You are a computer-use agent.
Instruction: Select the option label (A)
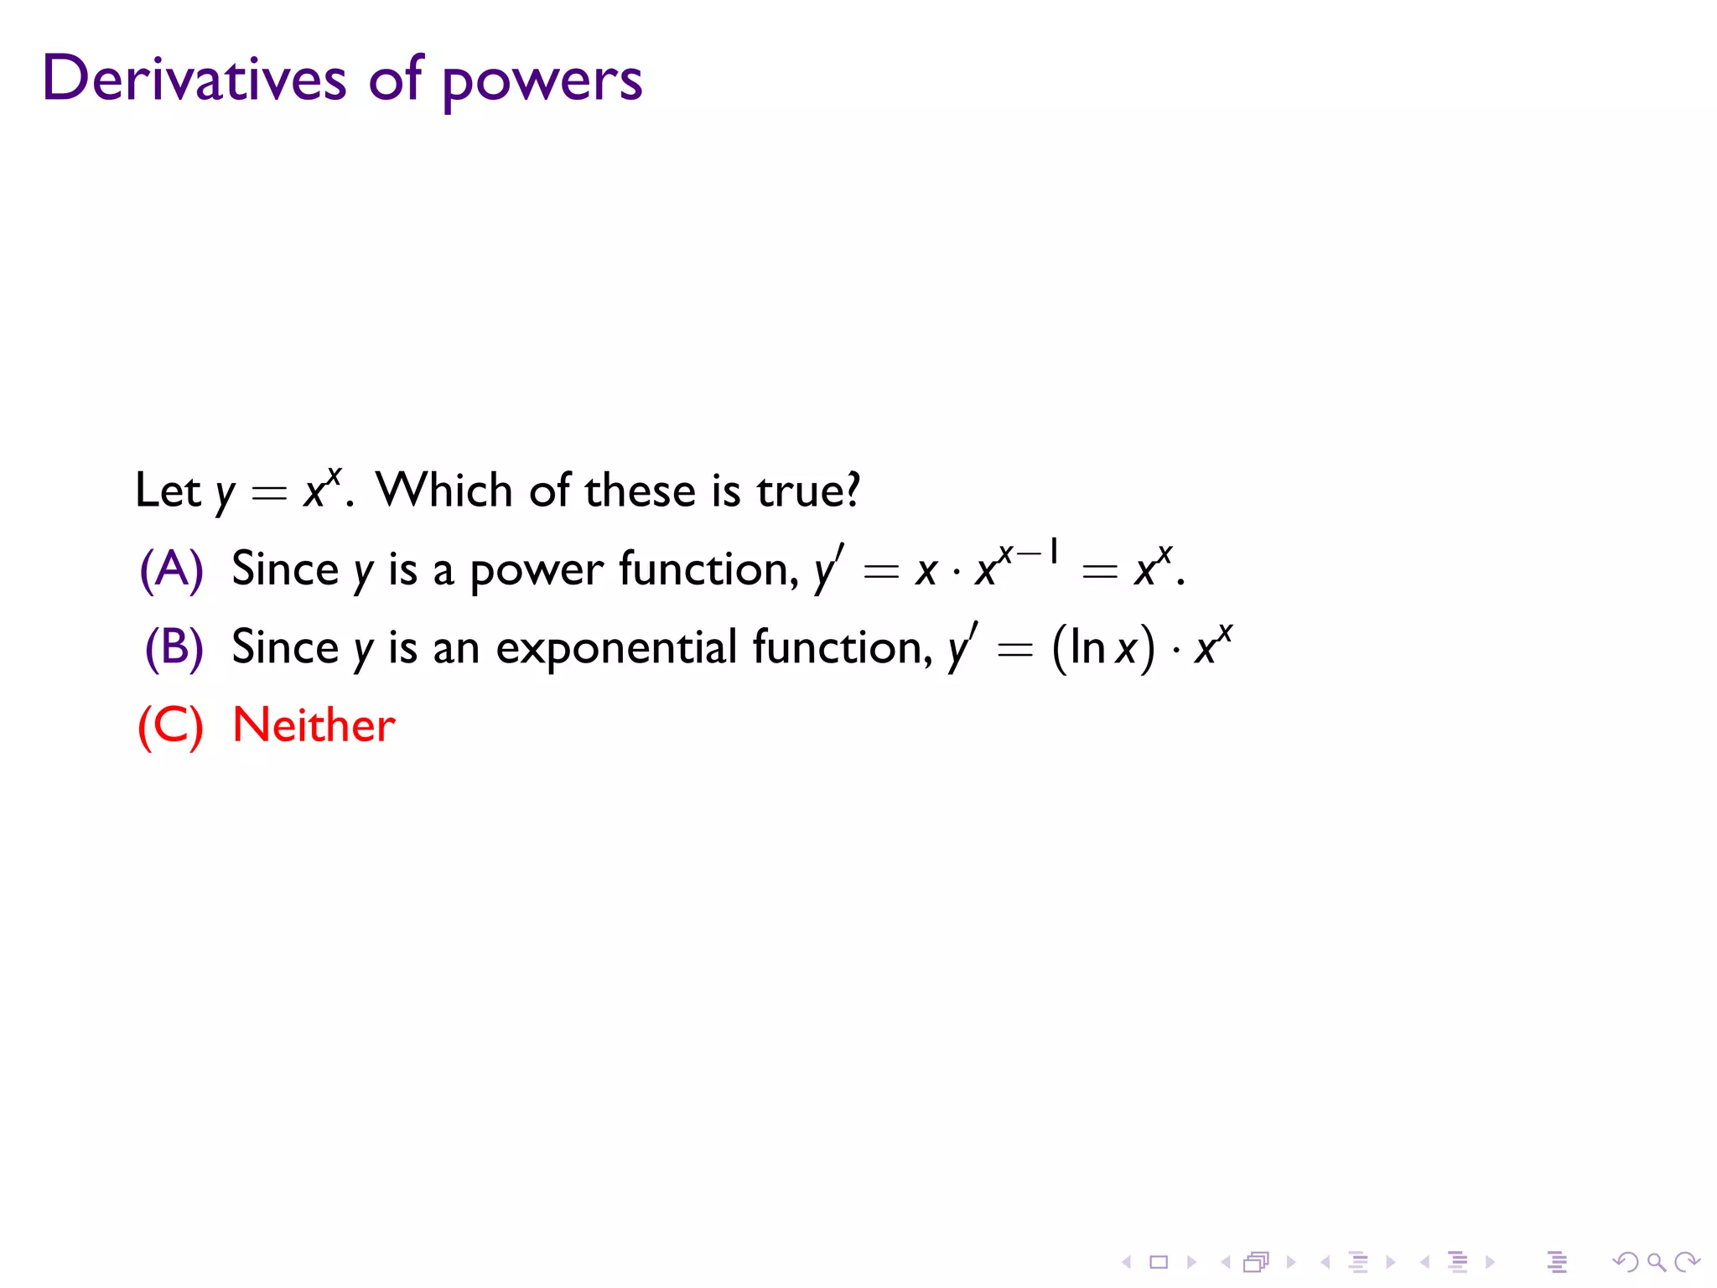171,569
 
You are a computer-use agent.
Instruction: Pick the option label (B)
174,647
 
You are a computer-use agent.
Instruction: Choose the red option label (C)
170,725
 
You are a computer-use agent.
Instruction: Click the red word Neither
314,725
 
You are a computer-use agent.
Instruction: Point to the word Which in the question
444,490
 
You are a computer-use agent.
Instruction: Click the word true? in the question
808,490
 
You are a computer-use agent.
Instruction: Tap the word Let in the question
168,490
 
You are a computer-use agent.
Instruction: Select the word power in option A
536,571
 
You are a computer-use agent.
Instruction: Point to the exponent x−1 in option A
1029,553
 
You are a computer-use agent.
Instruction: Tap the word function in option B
842,647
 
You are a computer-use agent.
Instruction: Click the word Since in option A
284,569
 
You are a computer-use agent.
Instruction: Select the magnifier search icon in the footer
1656,1262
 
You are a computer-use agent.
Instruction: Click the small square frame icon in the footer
1159,1262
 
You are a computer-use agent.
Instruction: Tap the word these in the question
640,490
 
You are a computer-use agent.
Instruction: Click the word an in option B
456,649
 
